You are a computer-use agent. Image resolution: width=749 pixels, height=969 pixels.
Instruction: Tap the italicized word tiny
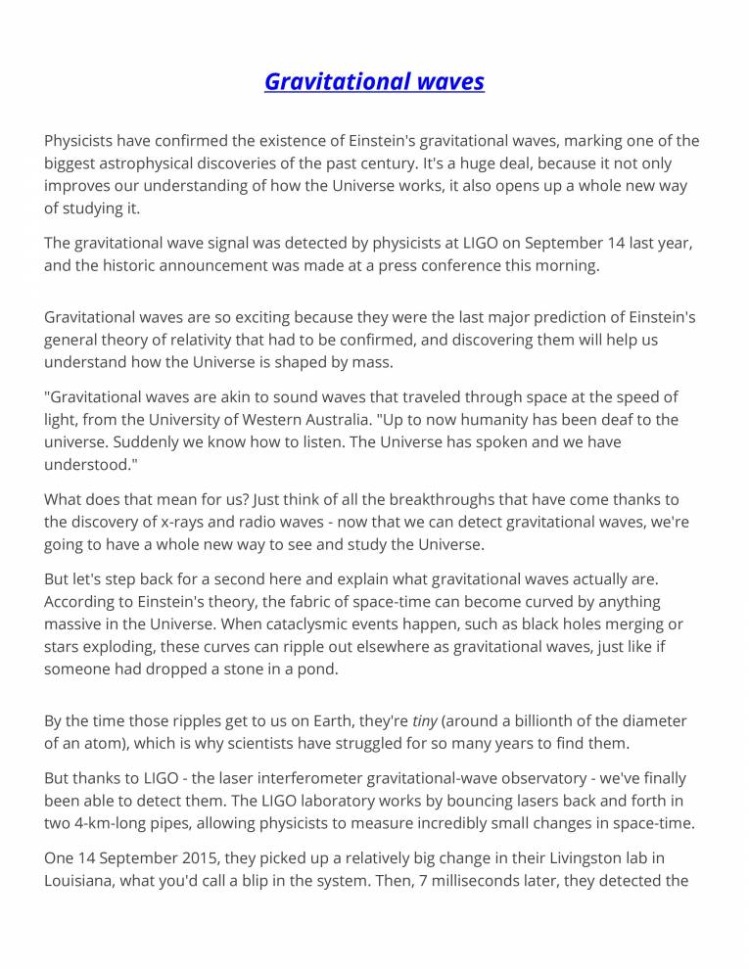(x=425, y=721)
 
